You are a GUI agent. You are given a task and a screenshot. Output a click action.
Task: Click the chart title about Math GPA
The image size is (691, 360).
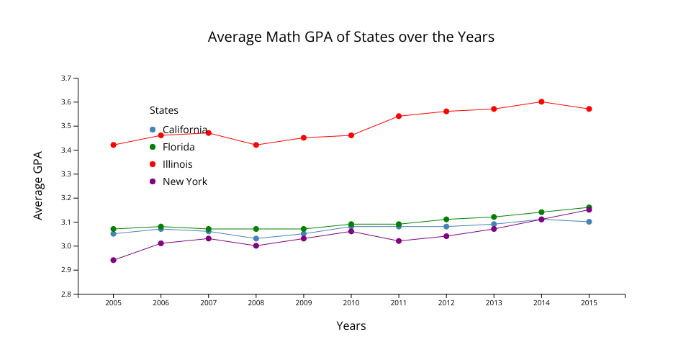click(x=351, y=37)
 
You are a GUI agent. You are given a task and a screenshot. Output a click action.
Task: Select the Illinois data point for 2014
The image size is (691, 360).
click(x=541, y=102)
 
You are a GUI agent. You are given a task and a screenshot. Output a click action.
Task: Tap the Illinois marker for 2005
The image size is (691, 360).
click(x=113, y=145)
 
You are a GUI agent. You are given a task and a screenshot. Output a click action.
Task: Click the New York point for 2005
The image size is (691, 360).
click(x=113, y=260)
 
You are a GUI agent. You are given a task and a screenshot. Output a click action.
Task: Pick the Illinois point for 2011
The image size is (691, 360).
click(x=399, y=116)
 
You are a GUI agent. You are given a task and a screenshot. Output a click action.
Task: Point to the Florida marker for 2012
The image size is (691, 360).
click(x=446, y=219)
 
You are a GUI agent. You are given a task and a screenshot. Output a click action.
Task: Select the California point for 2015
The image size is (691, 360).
click(x=589, y=222)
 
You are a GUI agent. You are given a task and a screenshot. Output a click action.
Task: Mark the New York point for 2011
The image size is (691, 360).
click(x=399, y=240)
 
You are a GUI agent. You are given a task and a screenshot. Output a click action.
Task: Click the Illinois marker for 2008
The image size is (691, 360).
click(x=256, y=145)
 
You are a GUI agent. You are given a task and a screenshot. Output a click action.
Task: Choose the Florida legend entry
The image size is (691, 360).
click(x=178, y=147)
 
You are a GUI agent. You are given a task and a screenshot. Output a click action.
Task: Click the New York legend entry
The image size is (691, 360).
click(x=184, y=181)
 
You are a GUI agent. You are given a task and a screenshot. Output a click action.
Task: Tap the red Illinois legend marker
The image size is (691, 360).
click(x=153, y=164)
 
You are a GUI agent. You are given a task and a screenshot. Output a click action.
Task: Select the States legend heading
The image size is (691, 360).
click(x=164, y=110)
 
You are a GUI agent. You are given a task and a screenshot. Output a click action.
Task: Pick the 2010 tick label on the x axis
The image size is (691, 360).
click(x=351, y=303)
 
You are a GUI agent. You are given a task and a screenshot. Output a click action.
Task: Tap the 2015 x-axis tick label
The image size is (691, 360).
click(x=589, y=303)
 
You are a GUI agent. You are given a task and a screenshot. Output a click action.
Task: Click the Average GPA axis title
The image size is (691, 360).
click(x=38, y=185)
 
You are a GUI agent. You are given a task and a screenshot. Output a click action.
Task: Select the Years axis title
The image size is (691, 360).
click(x=351, y=326)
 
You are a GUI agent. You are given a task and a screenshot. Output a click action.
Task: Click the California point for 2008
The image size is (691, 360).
click(x=256, y=238)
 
